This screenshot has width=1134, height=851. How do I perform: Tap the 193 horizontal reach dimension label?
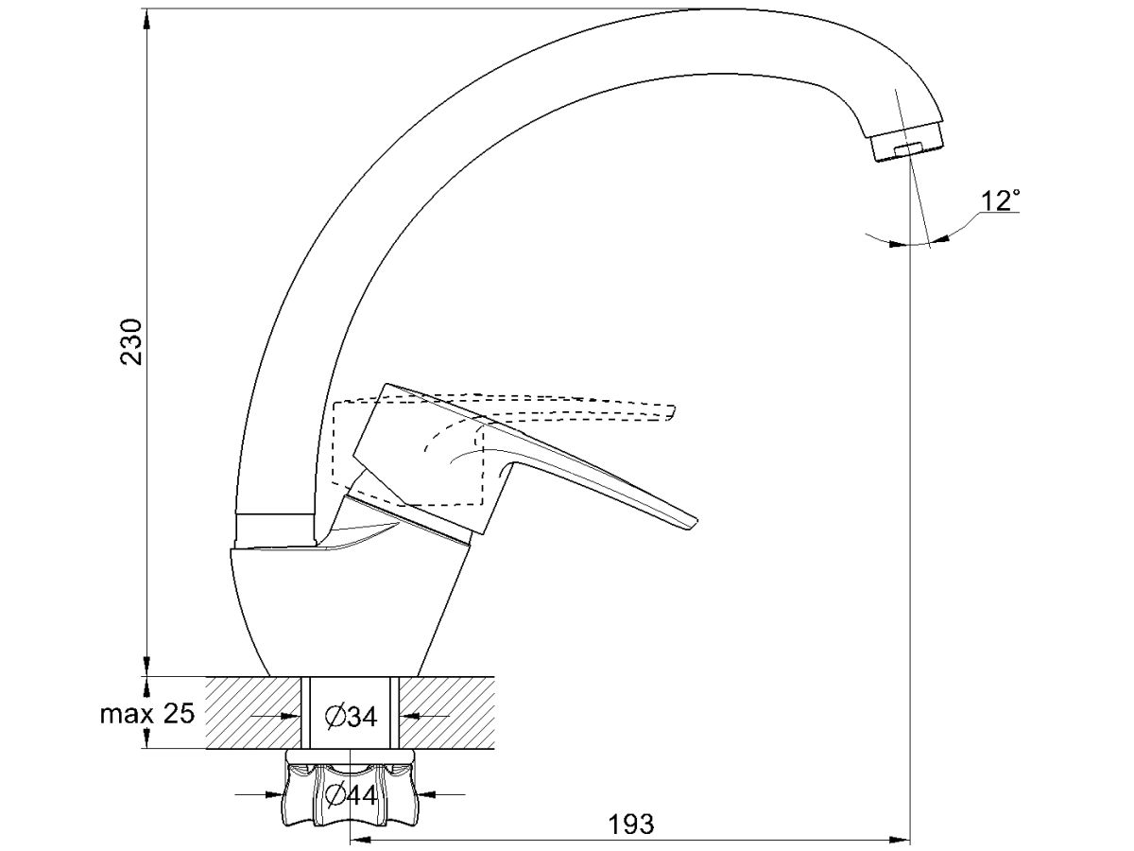pyautogui.click(x=631, y=824)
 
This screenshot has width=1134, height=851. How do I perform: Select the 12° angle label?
pyautogui.click(x=1001, y=200)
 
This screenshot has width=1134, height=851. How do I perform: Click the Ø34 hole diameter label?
pyautogui.click(x=352, y=716)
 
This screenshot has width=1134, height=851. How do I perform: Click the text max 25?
pyautogui.click(x=147, y=714)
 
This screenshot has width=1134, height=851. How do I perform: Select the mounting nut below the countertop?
pyautogui.click(x=350, y=794)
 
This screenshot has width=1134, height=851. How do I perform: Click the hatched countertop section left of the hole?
pyautogui.click(x=253, y=713)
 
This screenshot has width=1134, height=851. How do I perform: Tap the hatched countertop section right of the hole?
pyautogui.click(x=447, y=713)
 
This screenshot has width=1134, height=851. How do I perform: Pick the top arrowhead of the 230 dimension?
pyautogui.click(x=147, y=20)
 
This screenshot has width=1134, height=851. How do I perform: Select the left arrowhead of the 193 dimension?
pyautogui.click(x=361, y=840)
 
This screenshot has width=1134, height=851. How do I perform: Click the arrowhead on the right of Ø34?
pyautogui.click(x=409, y=716)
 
